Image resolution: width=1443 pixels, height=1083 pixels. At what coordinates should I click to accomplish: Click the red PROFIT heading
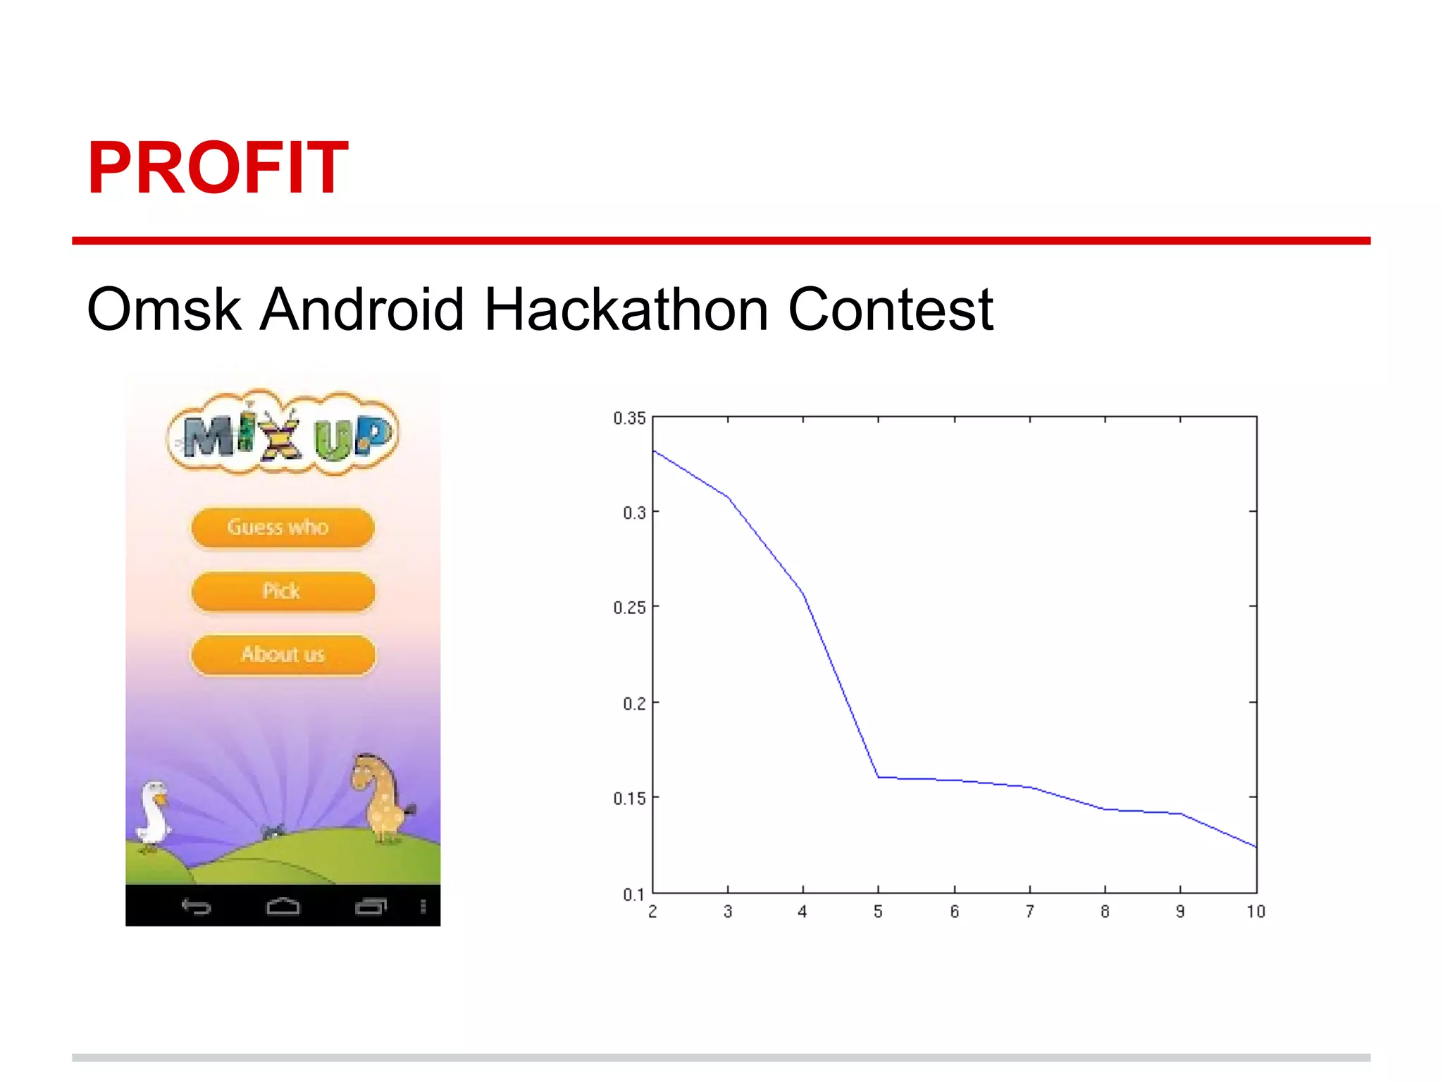217,168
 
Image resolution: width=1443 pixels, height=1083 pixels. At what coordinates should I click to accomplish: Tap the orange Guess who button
282,527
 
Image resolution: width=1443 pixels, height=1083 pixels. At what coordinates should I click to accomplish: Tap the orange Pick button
282,590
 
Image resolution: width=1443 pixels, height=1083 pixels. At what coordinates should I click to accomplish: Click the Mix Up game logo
283,432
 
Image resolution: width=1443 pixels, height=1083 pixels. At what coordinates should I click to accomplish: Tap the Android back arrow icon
196,906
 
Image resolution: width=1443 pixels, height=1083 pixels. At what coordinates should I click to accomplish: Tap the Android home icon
283,906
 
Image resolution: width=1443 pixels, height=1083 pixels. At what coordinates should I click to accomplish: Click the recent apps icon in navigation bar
371,906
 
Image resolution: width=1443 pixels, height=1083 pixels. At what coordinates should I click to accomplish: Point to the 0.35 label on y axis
629,418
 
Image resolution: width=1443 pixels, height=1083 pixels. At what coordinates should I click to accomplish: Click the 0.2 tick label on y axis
633,704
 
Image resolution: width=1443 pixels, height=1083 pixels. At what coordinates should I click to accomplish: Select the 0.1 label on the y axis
633,895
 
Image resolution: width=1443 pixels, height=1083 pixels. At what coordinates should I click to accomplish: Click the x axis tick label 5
878,912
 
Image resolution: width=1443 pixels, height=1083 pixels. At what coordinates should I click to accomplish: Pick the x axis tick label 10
1256,912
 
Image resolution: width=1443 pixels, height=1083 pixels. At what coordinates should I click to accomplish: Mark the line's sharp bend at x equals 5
878,777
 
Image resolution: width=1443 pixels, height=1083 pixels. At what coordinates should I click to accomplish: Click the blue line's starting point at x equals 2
654,451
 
